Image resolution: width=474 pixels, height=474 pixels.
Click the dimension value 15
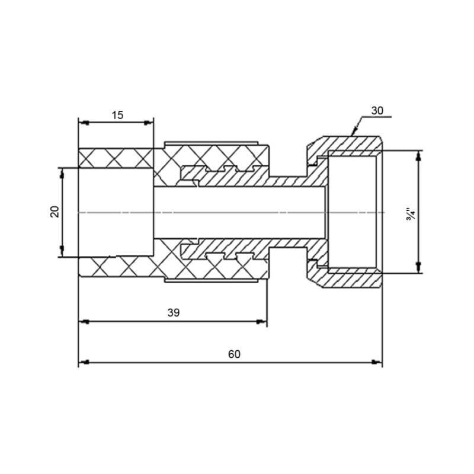tap(117, 115)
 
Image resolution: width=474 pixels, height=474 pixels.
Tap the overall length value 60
tap(234, 354)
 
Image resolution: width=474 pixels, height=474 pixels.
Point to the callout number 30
tap(377, 110)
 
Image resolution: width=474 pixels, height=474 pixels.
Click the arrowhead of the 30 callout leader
tap(354, 132)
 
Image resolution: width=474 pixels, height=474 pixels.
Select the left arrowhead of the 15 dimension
tap(83, 123)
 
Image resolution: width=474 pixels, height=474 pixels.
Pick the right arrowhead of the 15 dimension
tap(149, 123)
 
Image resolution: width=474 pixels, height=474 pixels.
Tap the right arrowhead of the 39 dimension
tap(262, 322)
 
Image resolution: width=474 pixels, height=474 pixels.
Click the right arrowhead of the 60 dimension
tap(377, 362)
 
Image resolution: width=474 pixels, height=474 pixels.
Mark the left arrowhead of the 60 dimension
tap(83, 362)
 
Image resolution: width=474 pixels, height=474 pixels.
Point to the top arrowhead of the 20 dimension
tap(62, 172)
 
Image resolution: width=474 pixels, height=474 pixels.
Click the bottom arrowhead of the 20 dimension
tap(62, 253)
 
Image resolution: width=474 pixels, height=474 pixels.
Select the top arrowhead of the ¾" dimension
tap(419, 155)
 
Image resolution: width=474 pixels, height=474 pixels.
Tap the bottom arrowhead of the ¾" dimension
tap(419, 269)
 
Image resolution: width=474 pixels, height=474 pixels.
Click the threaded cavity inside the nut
tap(353, 212)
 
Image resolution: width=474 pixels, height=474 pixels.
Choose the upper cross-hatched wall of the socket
tap(116, 158)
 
